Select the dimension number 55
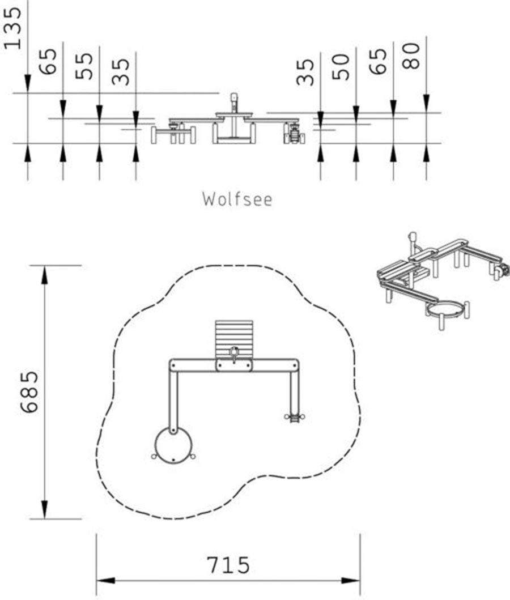[x=84, y=66]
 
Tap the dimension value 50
[x=341, y=67]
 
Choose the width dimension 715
[x=228, y=565]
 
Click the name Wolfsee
[x=237, y=199]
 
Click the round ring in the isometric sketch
[x=447, y=310]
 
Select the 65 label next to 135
[x=49, y=61]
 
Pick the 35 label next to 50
[x=305, y=72]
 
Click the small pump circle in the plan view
[x=234, y=352]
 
